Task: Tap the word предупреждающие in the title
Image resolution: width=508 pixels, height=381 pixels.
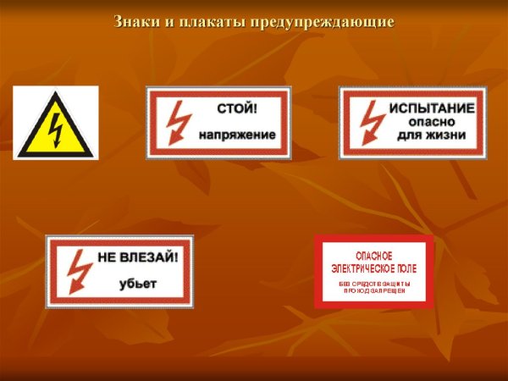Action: tap(323, 21)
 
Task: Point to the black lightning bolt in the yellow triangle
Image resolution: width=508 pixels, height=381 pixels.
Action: tap(56, 128)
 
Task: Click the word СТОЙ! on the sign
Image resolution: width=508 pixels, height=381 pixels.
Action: tap(236, 109)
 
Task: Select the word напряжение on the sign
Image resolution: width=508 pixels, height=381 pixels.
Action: tap(238, 135)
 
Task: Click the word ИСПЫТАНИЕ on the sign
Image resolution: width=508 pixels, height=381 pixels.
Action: tap(432, 109)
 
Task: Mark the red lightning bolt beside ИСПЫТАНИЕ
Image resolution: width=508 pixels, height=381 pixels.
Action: tap(371, 122)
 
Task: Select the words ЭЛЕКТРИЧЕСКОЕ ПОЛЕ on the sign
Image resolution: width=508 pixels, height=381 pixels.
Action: tap(373, 267)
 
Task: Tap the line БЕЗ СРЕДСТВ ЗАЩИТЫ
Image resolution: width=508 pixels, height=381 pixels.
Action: tap(373, 281)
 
